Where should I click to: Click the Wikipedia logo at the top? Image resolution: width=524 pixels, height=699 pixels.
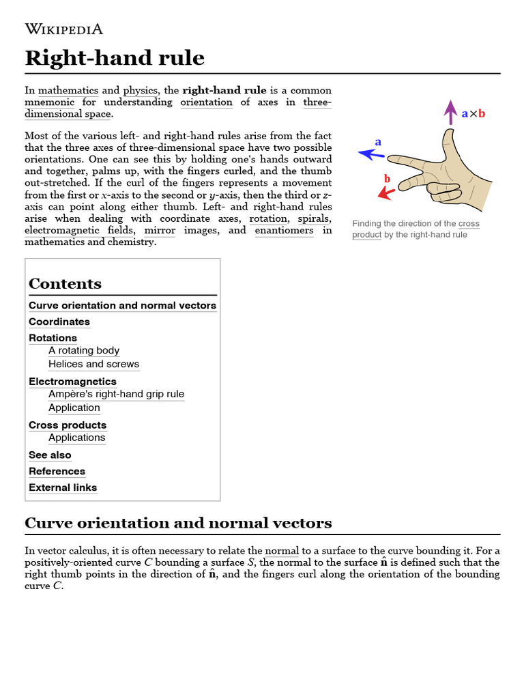(63, 29)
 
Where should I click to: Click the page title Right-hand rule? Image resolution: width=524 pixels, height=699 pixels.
(115, 58)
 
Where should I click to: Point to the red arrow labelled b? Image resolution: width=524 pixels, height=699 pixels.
(386, 192)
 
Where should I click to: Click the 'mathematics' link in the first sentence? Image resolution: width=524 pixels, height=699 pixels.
(68, 90)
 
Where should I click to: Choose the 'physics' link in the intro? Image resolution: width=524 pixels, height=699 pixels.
(141, 90)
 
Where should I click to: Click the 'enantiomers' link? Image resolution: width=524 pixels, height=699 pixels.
(284, 230)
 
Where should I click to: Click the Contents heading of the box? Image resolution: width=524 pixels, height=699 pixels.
(65, 284)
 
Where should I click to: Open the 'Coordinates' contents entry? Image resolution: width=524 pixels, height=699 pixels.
(59, 322)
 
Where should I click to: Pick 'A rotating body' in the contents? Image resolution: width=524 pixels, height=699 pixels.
(84, 350)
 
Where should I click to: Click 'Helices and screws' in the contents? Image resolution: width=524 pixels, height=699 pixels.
(93, 364)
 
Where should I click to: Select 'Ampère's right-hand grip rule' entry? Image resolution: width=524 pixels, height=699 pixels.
(116, 394)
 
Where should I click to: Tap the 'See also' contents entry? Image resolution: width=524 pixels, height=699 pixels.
(50, 455)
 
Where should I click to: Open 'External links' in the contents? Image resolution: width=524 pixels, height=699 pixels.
(63, 487)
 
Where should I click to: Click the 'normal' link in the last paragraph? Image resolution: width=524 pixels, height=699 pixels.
(282, 551)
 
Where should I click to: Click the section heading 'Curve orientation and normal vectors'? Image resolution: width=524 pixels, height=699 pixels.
(178, 523)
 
